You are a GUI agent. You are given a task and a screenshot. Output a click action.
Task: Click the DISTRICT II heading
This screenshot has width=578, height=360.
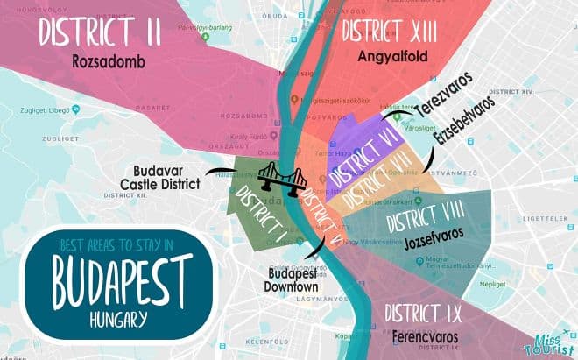coord(99,32)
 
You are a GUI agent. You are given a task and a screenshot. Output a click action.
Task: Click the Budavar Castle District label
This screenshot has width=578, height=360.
coord(166,176)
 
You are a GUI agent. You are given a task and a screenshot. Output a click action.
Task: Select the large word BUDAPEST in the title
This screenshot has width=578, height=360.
coord(120,278)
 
